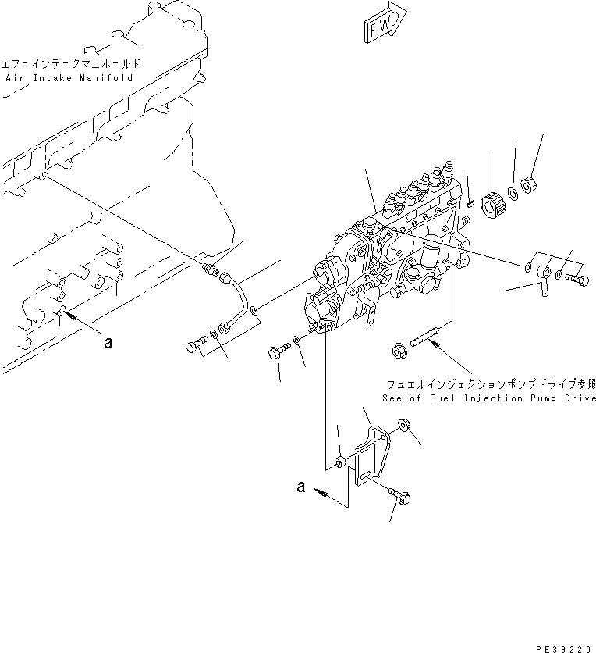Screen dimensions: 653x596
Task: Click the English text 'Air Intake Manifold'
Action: tap(69, 78)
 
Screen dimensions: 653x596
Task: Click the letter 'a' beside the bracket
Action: tap(300, 487)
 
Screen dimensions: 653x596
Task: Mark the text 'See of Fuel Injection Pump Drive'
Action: tap(488, 398)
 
